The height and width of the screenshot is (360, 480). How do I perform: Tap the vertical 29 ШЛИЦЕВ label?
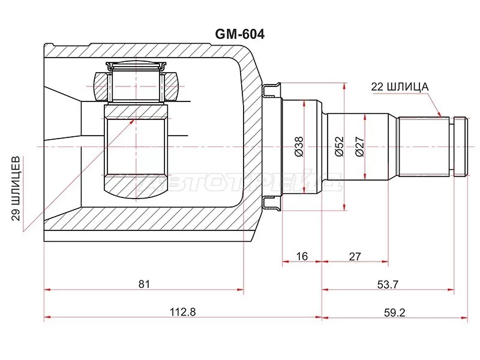17,187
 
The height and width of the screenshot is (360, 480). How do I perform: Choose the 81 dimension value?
143,284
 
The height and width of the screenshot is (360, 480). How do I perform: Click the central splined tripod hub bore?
136,146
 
